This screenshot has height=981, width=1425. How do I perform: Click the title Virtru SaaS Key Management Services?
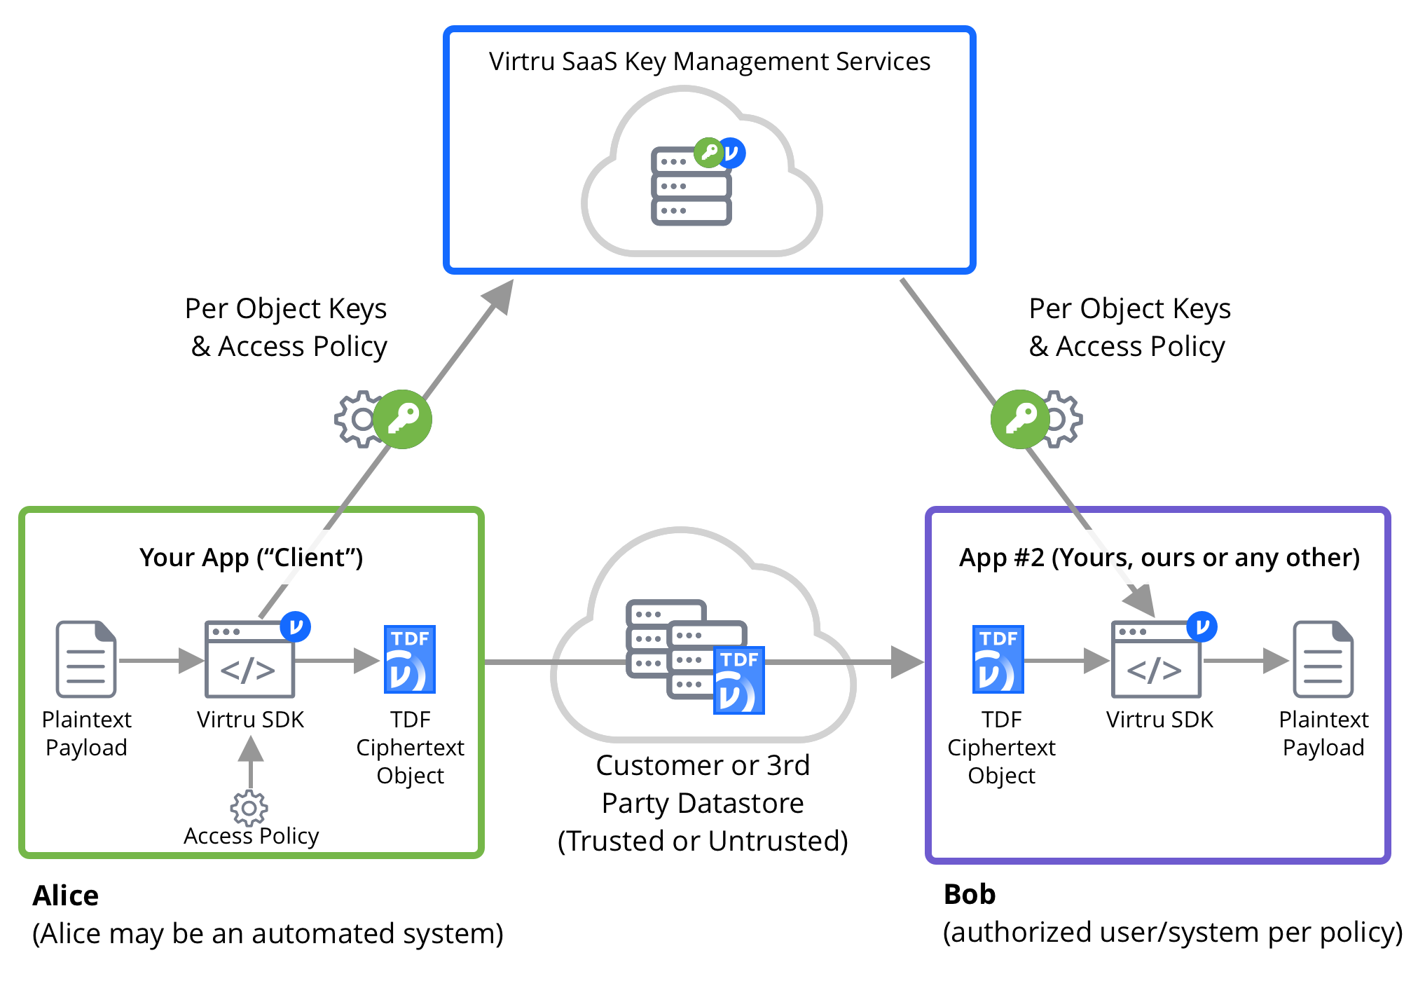[x=709, y=62]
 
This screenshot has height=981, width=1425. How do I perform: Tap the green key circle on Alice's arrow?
[x=403, y=419]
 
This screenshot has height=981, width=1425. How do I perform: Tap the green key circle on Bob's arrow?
[x=1019, y=419]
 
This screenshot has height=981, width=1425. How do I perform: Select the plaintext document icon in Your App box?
[x=86, y=659]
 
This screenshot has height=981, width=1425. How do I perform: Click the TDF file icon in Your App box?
[x=410, y=659]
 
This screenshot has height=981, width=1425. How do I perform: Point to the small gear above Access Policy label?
[x=249, y=809]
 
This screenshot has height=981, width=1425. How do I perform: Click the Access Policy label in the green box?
[x=251, y=836]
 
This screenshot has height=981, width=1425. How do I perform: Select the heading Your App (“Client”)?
[x=251, y=558]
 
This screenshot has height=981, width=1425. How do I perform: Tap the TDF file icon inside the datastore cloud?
[x=739, y=680]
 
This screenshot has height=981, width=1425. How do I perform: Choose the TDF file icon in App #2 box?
[x=998, y=659]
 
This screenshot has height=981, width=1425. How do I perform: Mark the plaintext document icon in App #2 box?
[x=1323, y=659]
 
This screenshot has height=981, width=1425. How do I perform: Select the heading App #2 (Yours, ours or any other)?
[x=1159, y=558]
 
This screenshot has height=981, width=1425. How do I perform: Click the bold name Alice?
[x=66, y=896]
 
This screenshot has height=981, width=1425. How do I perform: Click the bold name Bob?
[x=970, y=895]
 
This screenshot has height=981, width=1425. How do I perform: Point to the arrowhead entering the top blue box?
[x=500, y=296]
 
